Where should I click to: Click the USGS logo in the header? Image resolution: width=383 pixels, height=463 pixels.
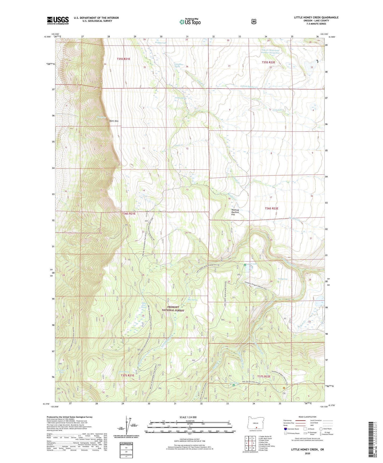pos(58,20)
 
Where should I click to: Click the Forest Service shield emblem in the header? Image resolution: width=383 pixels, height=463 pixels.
pos(254,21)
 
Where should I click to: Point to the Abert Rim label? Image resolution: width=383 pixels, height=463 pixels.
pos(114,121)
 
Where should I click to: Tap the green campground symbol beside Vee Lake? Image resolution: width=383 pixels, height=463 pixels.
pos(245,265)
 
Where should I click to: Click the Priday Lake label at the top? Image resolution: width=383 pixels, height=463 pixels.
pos(161,42)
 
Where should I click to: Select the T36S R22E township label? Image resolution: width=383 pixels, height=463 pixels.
pos(272,209)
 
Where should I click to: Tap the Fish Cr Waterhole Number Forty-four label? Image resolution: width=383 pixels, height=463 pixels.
pos(270,51)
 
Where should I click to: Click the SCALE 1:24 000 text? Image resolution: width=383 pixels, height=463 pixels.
pos(188,417)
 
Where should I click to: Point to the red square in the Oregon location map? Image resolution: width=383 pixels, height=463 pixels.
pos(256,435)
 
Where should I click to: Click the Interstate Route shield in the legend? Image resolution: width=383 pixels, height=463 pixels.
pos(285,429)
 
